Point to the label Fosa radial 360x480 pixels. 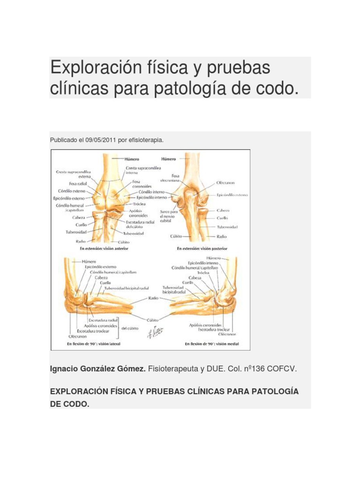tap(78, 184)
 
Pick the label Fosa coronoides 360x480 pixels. tap(135, 184)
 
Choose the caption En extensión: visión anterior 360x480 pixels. tap(104, 248)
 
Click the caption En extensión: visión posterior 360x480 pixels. tap(205, 248)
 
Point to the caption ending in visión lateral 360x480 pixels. tap(94, 344)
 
